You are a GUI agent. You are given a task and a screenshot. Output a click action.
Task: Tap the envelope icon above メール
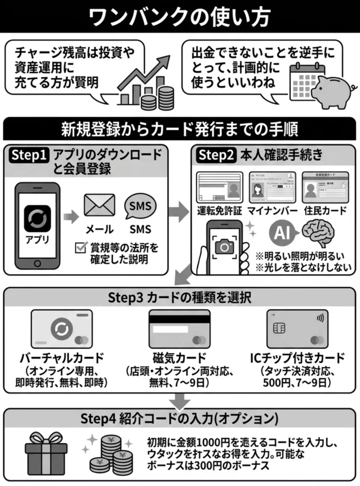(99, 205)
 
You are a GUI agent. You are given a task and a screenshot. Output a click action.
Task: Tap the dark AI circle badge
(283, 233)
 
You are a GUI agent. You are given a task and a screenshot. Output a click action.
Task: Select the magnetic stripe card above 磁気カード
(178, 328)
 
